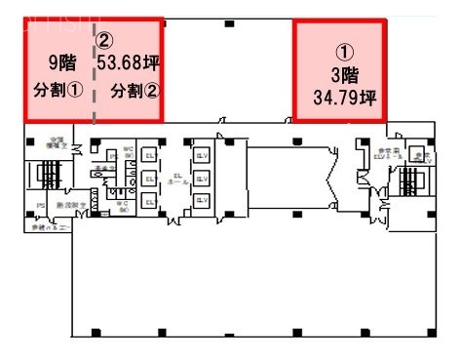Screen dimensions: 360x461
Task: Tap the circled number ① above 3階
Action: coord(345,51)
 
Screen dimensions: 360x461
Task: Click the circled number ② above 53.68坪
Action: coord(105,40)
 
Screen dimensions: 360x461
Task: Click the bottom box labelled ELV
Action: coord(203,200)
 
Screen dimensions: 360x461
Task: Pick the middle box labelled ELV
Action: coord(203,178)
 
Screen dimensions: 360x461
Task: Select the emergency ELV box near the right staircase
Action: coord(376,155)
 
